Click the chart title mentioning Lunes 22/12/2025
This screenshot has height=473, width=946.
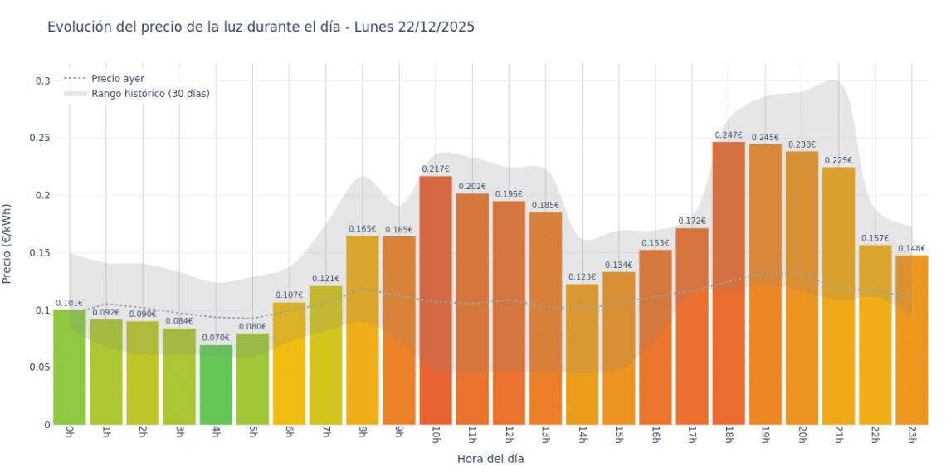[x=261, y=27]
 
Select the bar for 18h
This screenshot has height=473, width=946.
[x=729, y=282]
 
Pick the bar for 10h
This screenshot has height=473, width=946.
[x=436, y=299]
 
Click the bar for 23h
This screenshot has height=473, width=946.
[x=911, y=340]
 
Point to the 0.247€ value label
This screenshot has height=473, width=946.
[x=729, y=134]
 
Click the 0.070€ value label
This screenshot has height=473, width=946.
[x=216, y=338]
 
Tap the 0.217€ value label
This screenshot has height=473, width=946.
[x=436, y=169]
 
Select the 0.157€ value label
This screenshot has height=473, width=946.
[x=875, y=238]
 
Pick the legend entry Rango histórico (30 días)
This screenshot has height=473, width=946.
[x=150, y=94]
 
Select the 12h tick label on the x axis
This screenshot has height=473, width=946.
[x=509, y=436]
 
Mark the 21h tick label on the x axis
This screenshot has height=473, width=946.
[x=838, y=436]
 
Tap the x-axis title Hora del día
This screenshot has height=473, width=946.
[x=490, y=458]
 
